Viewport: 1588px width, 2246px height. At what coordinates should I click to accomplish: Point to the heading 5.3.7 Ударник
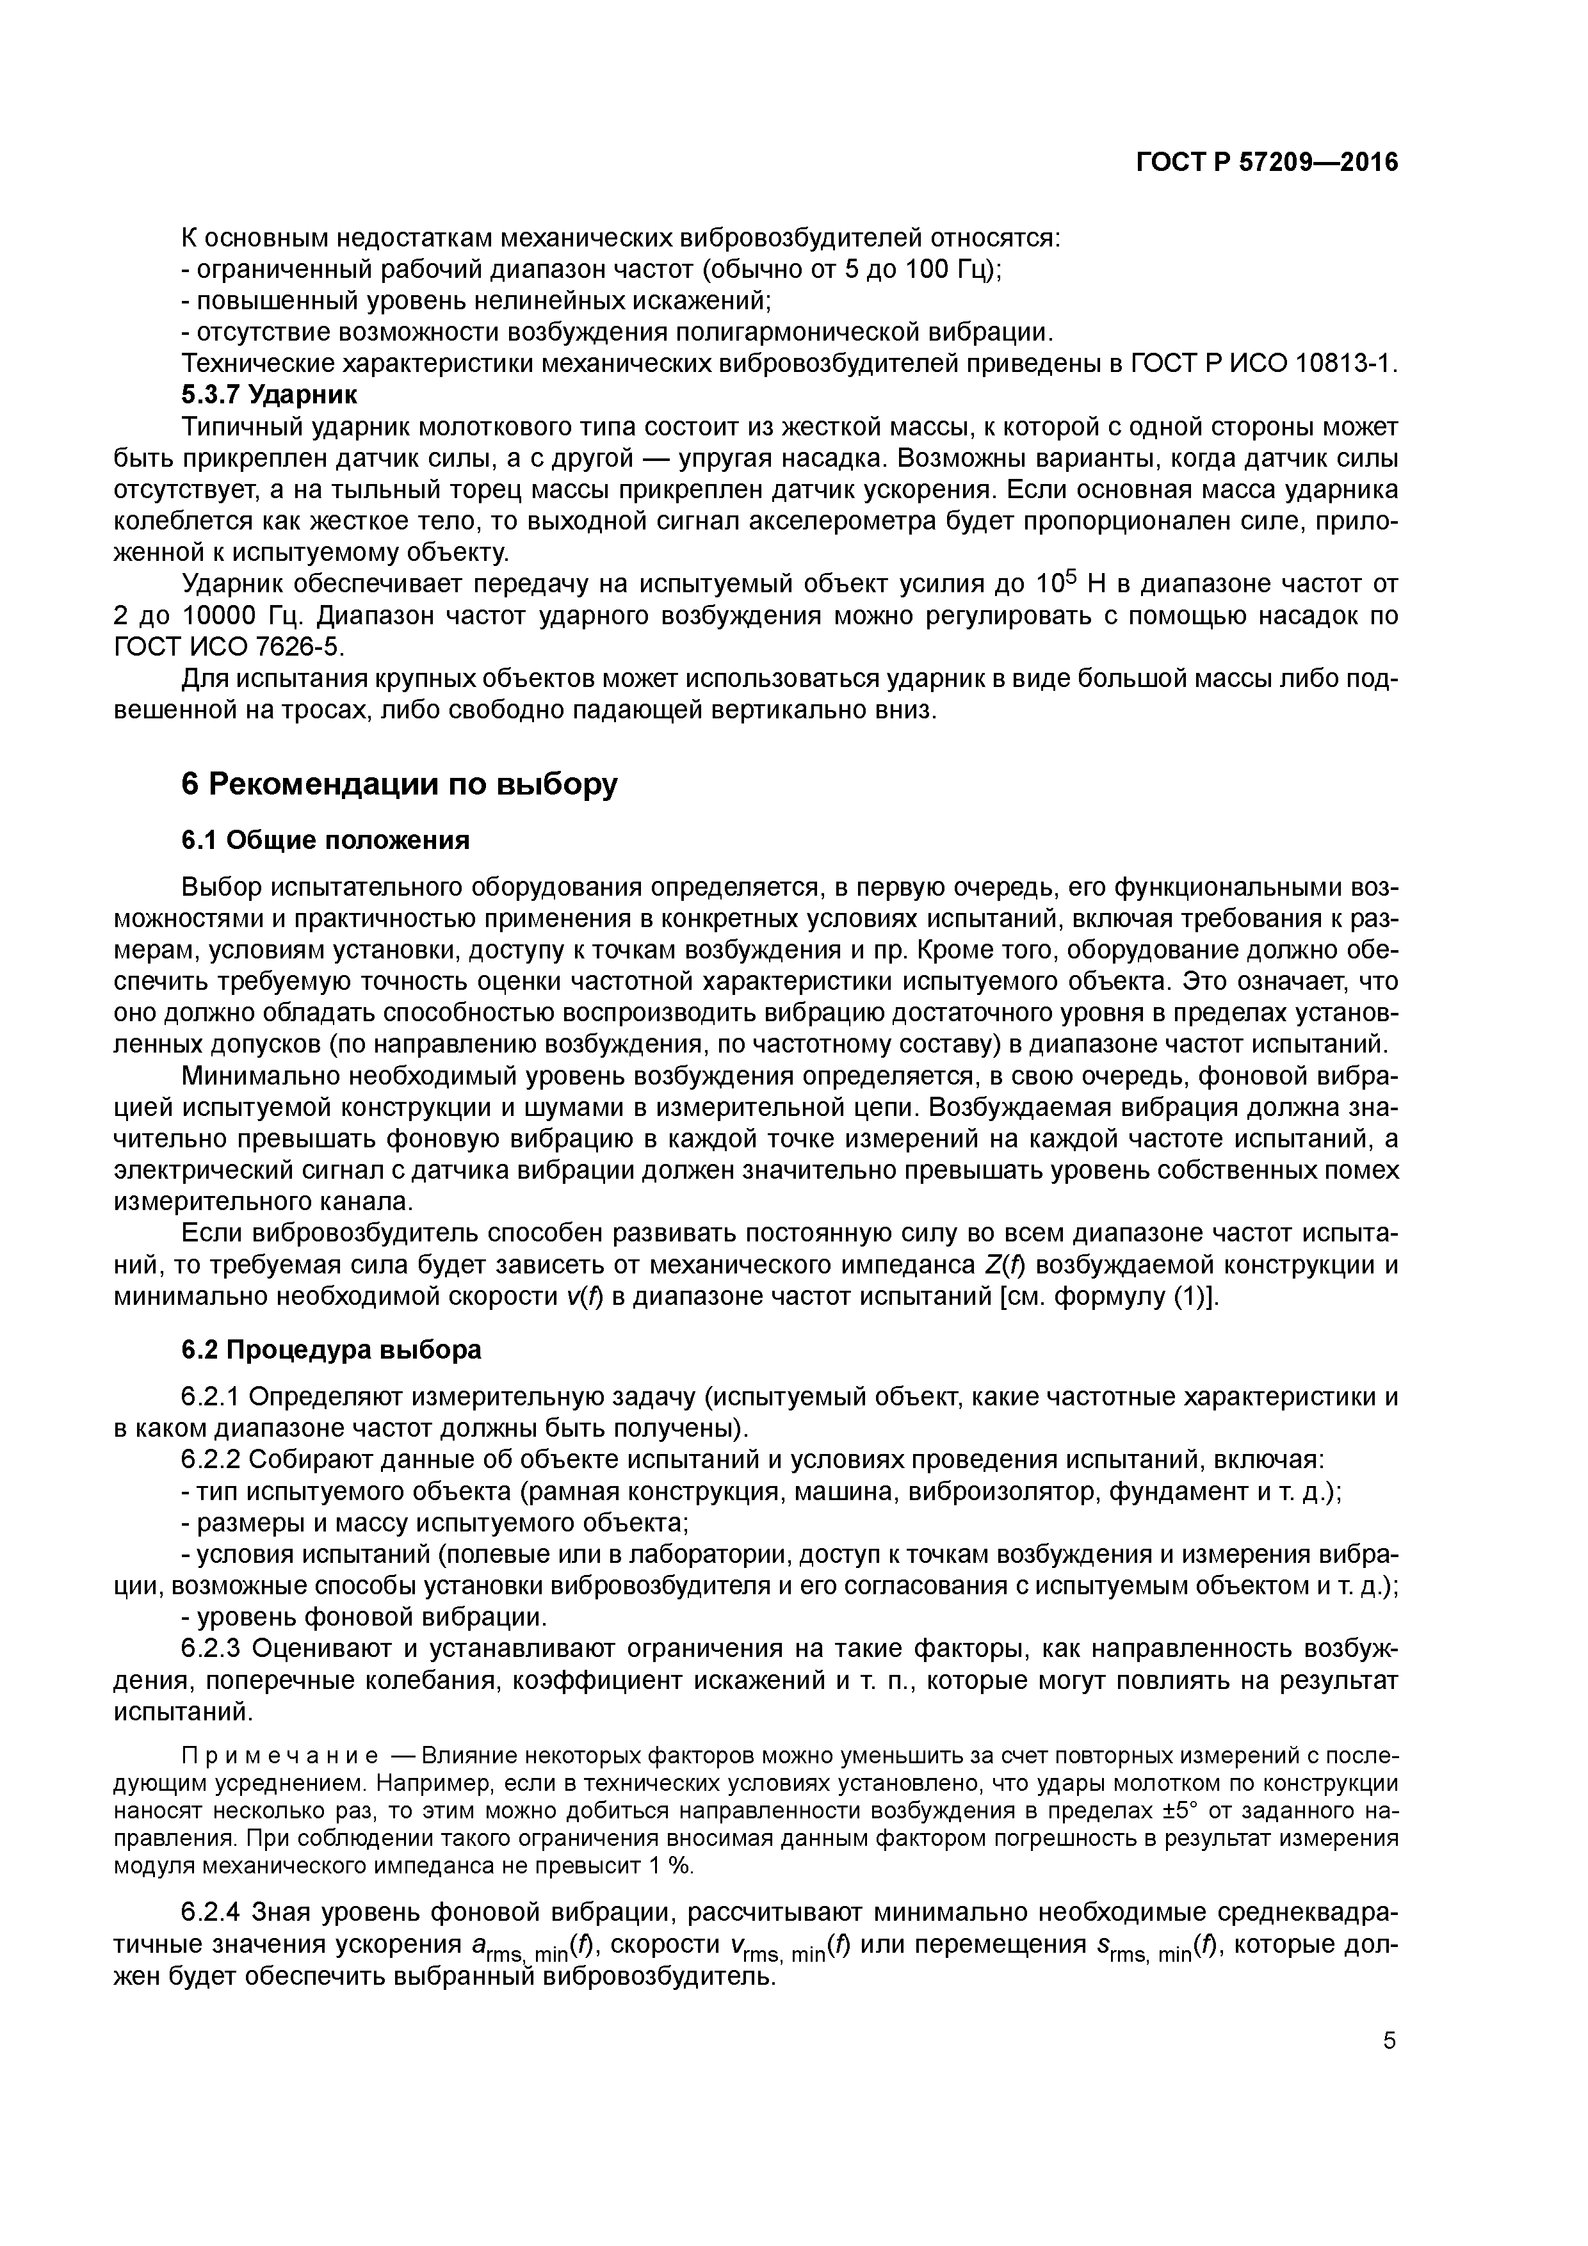tap(269, 395)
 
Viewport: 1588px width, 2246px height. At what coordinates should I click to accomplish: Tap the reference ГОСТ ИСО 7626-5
tap(229, 647)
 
